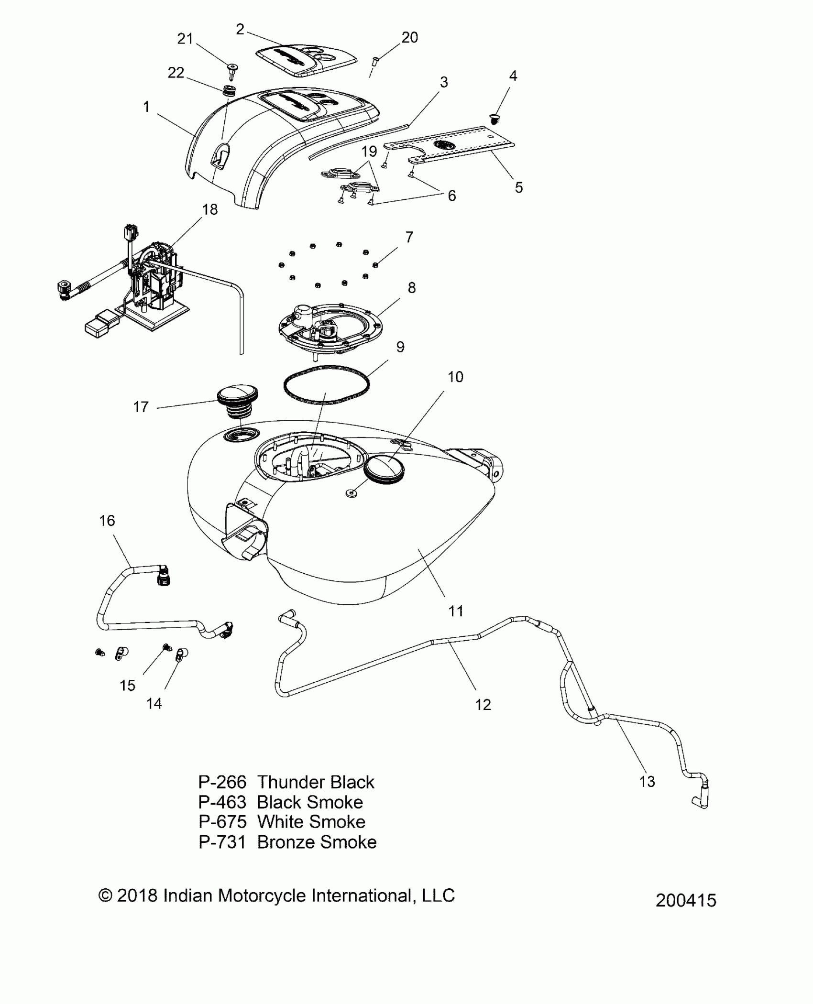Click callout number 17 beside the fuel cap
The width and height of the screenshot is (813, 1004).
click(141, 407)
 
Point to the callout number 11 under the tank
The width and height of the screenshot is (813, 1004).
click(455, 611)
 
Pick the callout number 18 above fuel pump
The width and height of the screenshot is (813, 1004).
click(209, 209)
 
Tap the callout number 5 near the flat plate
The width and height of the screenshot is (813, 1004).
click(519, 187)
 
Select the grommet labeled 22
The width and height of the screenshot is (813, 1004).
click(230, 90)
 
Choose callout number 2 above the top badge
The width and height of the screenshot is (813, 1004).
click(240, 30)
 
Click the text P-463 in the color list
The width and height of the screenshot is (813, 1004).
click(222, 802)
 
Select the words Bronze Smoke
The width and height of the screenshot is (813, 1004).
click(317, 842)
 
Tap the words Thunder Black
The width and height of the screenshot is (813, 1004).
click(316, 782)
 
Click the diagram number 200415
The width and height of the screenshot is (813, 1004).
click(686, 901)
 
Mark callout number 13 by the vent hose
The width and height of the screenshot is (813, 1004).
click(647, 782)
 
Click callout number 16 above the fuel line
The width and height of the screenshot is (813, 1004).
click(107, 521)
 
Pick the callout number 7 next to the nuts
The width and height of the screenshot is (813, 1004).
click(409, 237)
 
